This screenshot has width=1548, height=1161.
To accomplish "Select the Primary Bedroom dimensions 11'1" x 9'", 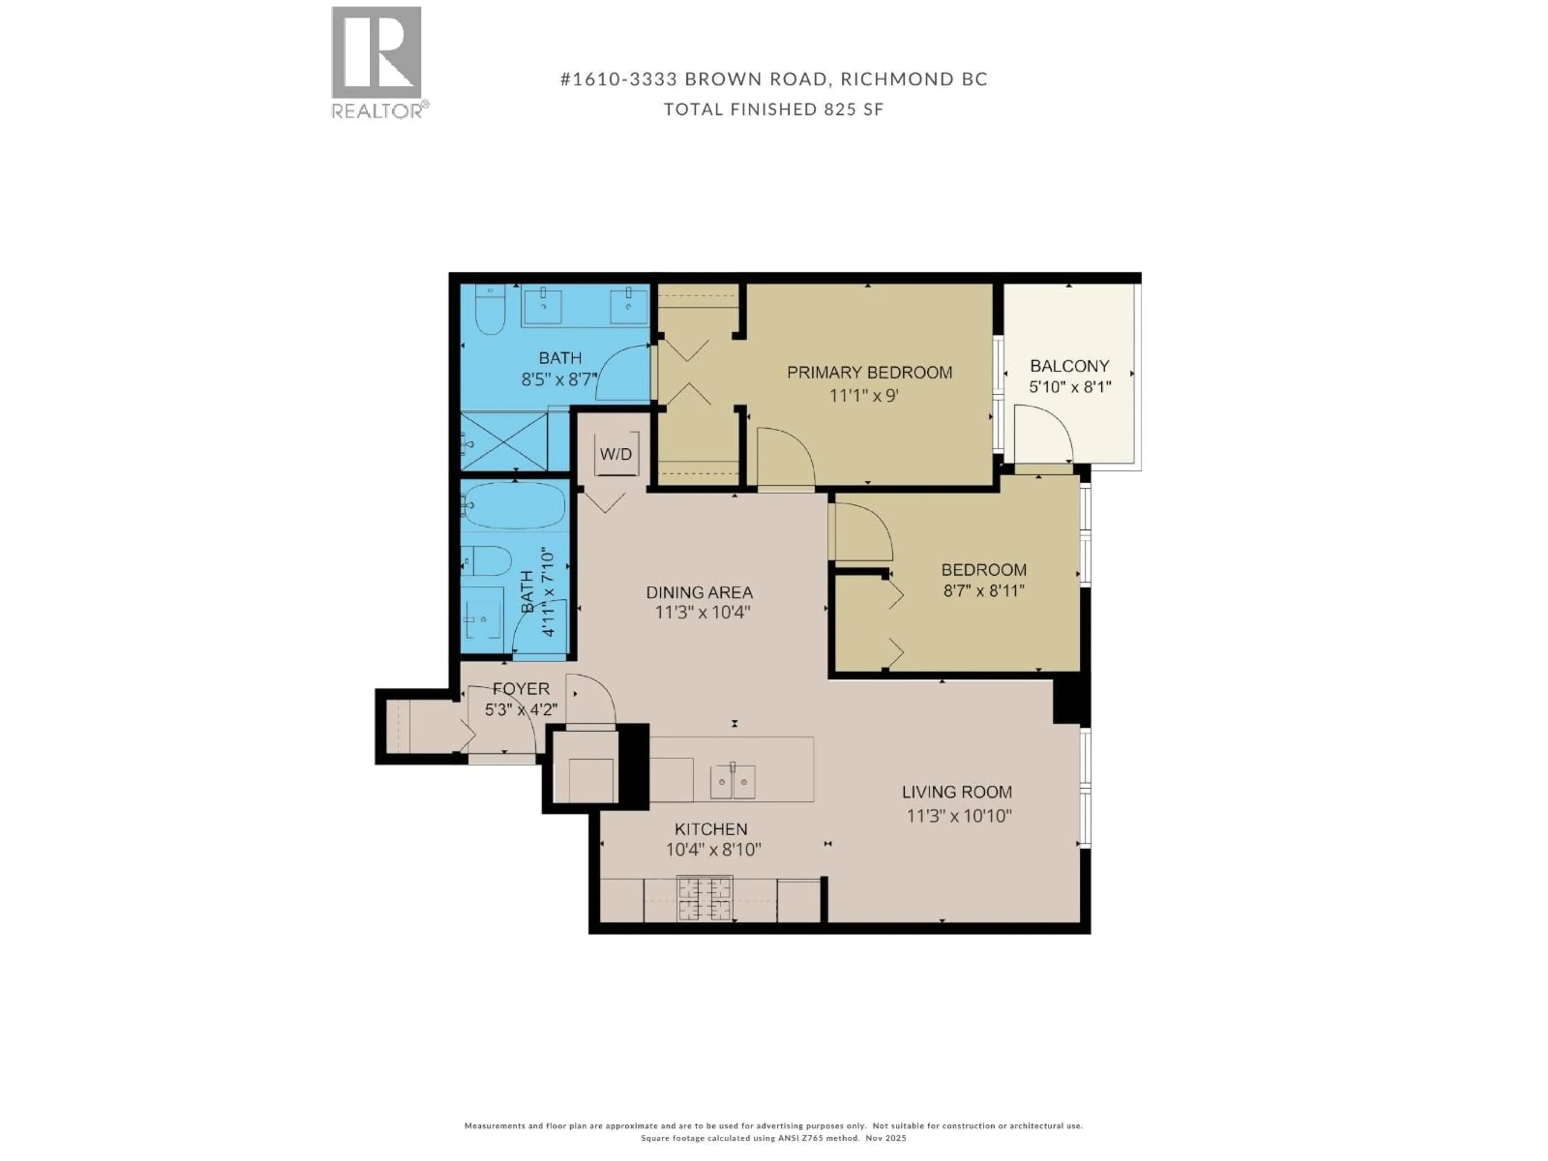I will point(863,395).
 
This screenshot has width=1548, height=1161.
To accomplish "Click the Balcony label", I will point(1069,366).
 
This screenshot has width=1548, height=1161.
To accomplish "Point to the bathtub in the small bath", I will point(514,505).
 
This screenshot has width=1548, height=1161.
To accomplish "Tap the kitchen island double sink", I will point(733,781).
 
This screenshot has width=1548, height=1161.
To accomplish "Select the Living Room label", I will point(957,792).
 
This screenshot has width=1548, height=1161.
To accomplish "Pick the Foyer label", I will point(521,689).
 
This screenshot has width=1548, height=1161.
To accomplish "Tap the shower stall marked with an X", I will point(504,441).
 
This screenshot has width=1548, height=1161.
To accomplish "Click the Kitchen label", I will point(711,829).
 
